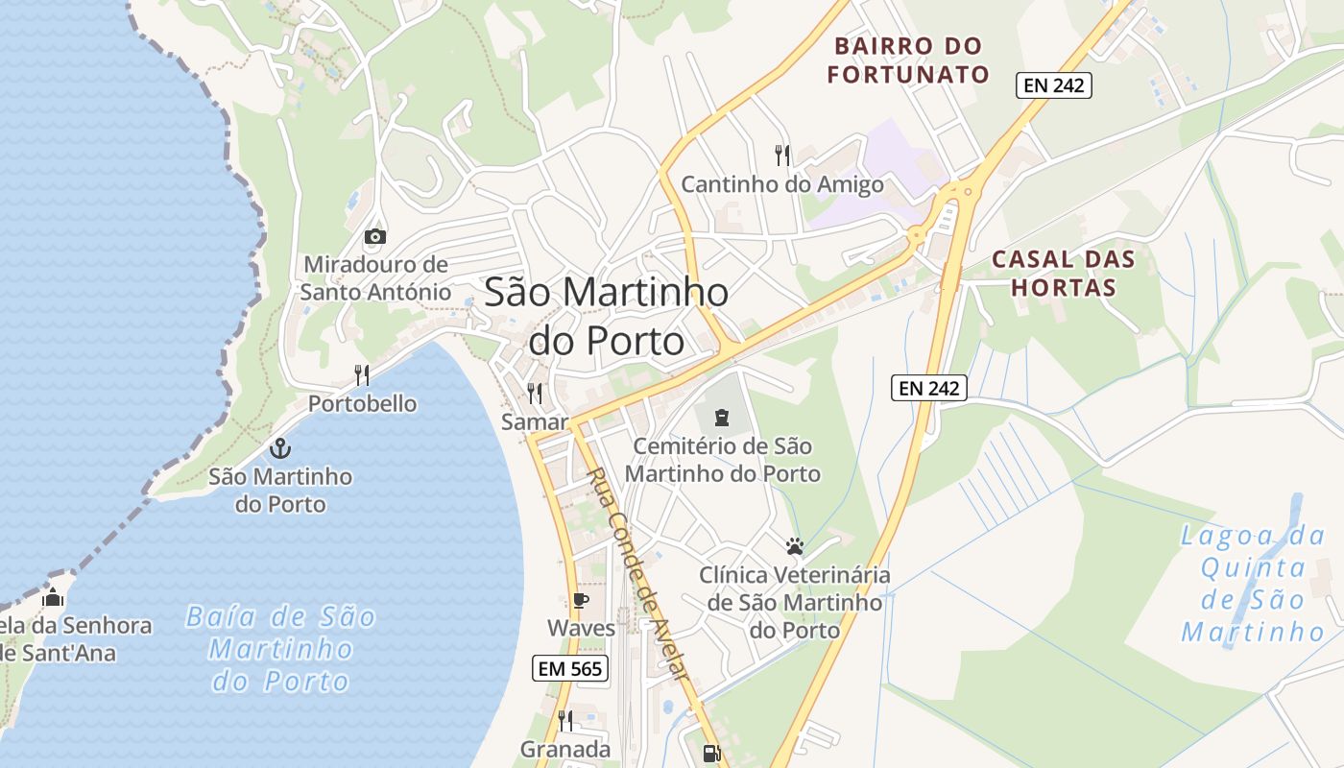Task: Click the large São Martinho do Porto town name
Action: point(606,316)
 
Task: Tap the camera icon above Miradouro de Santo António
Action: point(375,236)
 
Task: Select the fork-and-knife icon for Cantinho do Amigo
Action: point(782,154)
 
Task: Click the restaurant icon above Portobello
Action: point(362,374)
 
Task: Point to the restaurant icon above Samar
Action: point(535,393)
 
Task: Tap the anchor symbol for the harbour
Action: point(280,447)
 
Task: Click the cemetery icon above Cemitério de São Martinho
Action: point(721,418)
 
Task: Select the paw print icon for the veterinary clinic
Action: point(794,546)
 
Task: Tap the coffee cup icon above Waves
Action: point(580,600)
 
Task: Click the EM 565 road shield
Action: point(570,668)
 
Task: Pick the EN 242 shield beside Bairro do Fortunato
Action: point(1054,84)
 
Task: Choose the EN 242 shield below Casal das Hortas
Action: point(928,388)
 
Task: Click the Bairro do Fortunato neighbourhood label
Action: point(908,60)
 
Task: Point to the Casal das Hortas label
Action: point(1063,273)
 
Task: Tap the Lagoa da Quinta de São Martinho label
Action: point(1253,583)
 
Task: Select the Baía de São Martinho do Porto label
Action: point(280,648)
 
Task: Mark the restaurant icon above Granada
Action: point(565,720)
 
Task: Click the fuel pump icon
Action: point(711,754)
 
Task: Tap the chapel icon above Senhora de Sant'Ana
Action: point(53,598)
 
